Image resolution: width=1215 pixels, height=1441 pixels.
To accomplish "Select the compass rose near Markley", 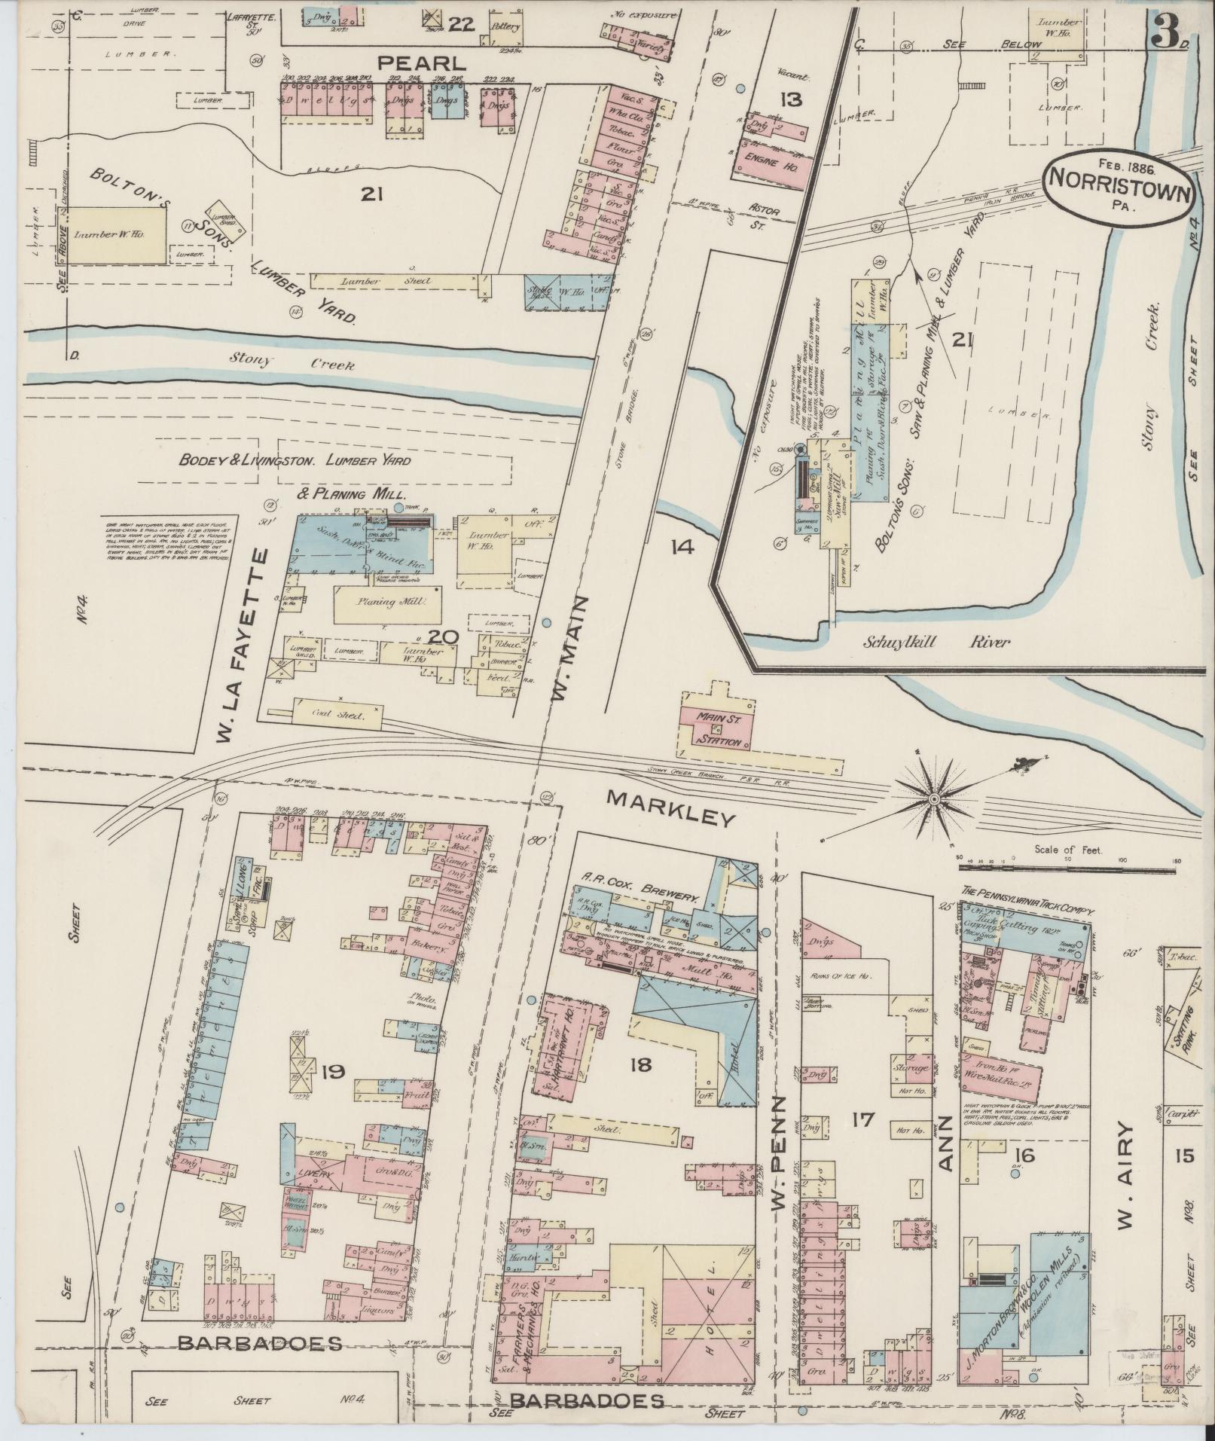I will (934, 798).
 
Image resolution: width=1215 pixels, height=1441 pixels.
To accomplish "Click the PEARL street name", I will (421, 63).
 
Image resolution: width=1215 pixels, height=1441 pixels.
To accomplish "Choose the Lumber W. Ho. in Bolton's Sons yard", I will (119, 235).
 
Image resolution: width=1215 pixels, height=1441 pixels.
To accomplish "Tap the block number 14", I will (683, 547).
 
